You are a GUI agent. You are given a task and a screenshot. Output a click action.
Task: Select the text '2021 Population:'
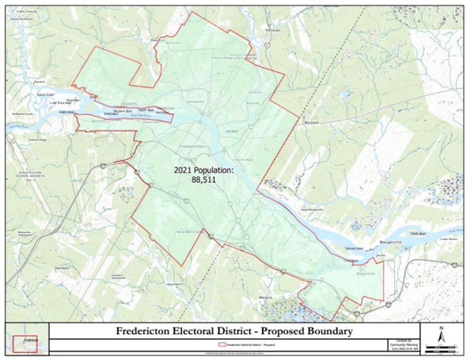204,170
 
